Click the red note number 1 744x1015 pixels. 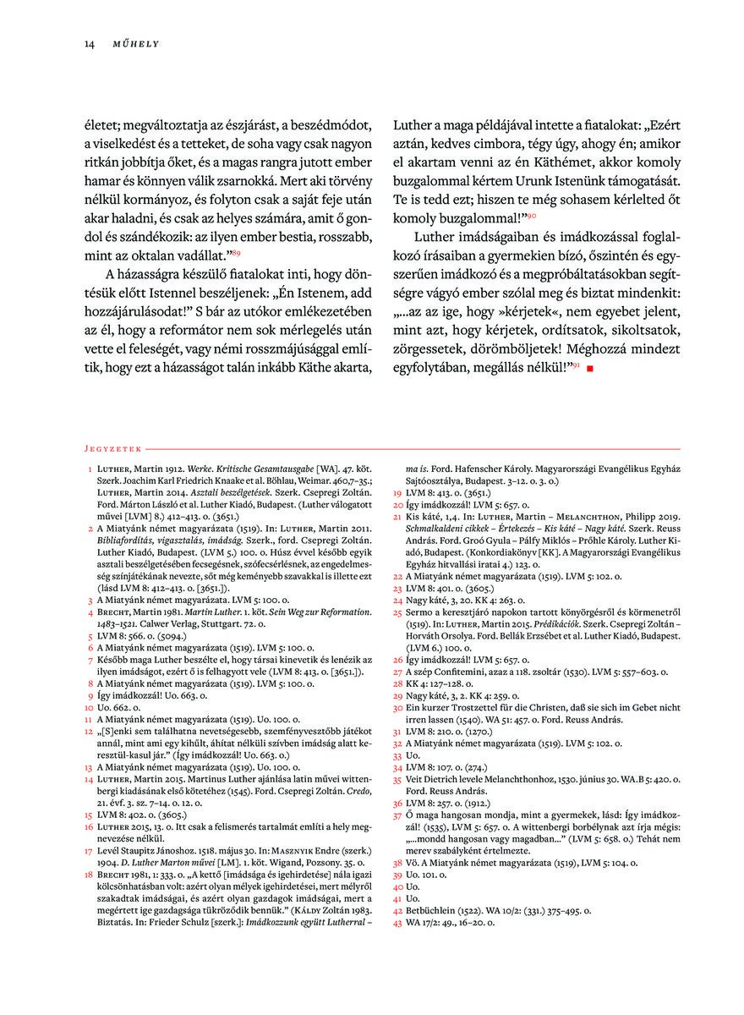pyautogui.click(x=90, y=469)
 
